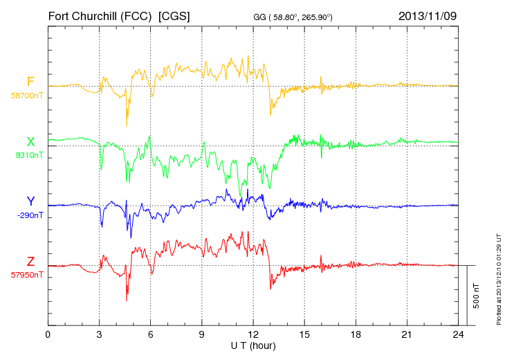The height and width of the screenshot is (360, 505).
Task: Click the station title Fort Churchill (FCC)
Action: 99,15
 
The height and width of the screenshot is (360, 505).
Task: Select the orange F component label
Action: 30,82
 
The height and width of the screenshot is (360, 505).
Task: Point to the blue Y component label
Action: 30,201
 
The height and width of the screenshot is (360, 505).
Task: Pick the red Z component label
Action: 30,262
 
